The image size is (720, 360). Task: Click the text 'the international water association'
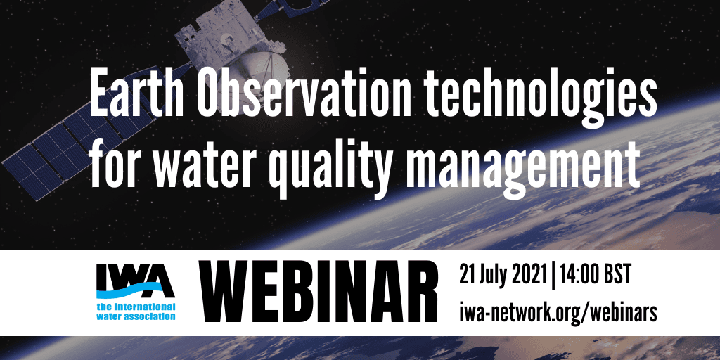(x=136, y=311)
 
